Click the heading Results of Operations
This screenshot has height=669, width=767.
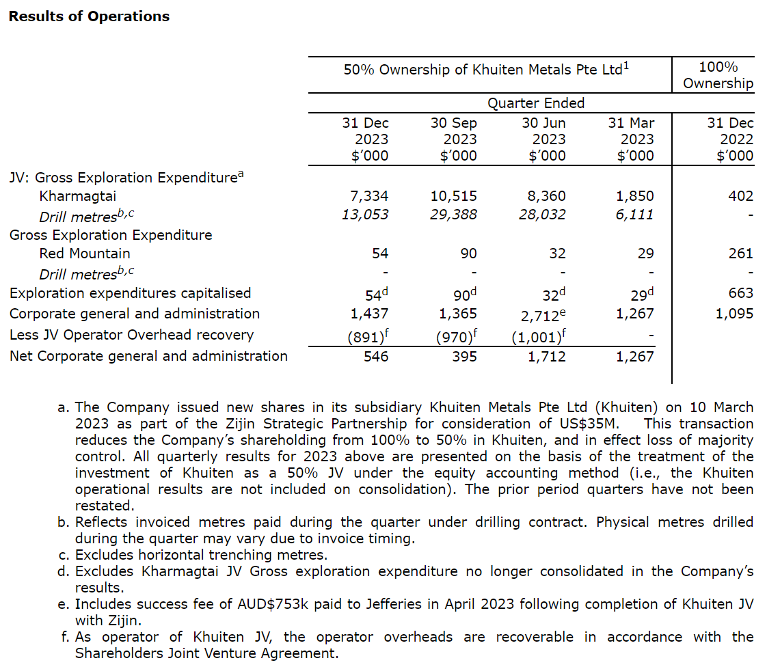click(89, 16)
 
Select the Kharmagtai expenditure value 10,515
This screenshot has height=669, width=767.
click(454, 196)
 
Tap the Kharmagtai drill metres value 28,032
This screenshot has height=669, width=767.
click(542, 215)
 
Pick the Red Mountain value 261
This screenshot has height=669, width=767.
click(740, 254)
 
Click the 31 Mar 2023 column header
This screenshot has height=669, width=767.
click(631, 139)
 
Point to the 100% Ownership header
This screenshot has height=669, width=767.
click(718, 75)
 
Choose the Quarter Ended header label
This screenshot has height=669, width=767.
click(536, 103)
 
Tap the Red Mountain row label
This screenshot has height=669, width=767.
click(85, 254)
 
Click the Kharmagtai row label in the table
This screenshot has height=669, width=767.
click(78, 196)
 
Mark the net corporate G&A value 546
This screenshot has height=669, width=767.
click(375, 356)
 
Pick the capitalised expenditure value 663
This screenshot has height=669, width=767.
click(740, 293)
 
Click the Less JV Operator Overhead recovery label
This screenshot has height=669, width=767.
click(131, 335)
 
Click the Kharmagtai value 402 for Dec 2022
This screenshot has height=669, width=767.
click(740, 196)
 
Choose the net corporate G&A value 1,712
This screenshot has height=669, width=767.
click(546, 356)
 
